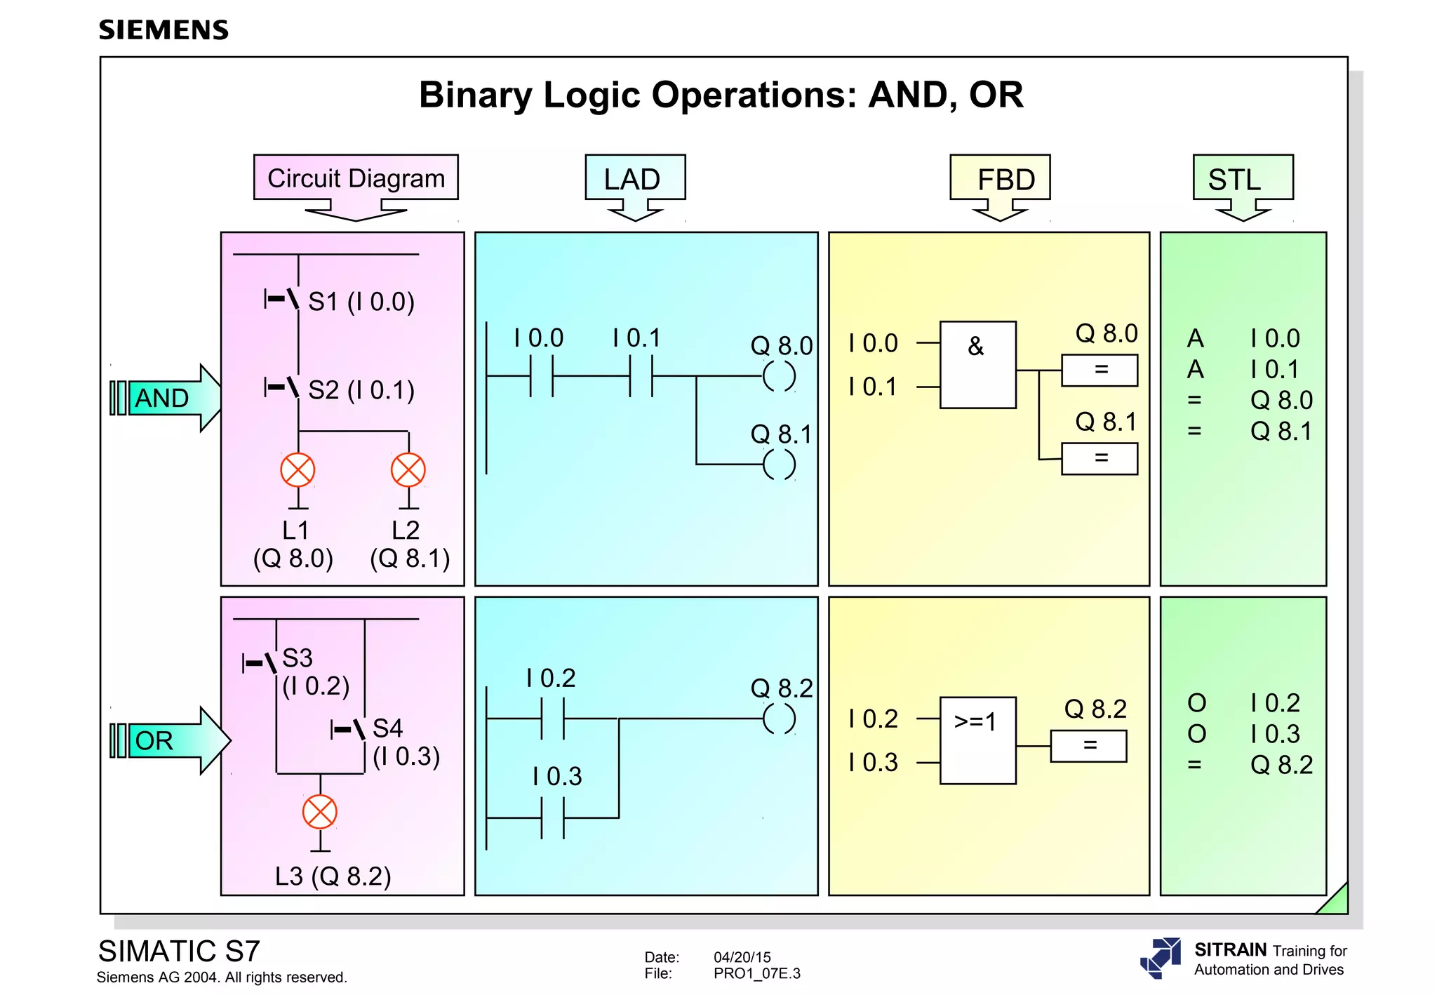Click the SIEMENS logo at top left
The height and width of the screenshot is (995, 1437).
pyautogui.click(x=163, y=30)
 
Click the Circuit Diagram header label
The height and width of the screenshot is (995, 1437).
pyautogui.click(x=356, y=178)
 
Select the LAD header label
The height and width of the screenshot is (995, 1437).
pyautogui.click(x=634, y=179)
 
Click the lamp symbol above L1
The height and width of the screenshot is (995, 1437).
pyautogui.click(x=298, y=470)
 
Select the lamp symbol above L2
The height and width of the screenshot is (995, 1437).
pyautogui.click(x=408, y=470)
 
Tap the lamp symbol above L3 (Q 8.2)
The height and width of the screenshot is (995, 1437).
pyautogui.click(x=320, y=813)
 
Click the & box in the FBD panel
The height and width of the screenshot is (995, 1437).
pyautogui.click(x=977, y=365)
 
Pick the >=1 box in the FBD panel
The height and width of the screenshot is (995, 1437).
pyautogui.click(x=977, y=740)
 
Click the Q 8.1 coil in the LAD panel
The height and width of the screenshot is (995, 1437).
pyautogui.click(x=779, y=464)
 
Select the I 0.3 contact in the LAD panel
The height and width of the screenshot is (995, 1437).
pyautogui.click(x=553, y=817)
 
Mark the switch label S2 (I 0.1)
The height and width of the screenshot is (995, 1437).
pyautogui.click(x=361, y=390)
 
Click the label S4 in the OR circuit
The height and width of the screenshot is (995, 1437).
pyautogui.click(x=387, y=728)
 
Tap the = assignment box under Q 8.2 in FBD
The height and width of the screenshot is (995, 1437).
pyautogui.click(x=1088, y=746)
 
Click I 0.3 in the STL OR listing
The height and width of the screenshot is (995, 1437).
pyautogui.click(x=1275, y=734)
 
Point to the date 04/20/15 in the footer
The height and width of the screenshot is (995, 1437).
pyautogui.click(x=742, y=957)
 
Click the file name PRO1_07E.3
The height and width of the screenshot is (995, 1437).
pyautogui.click(x=756, y=973)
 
